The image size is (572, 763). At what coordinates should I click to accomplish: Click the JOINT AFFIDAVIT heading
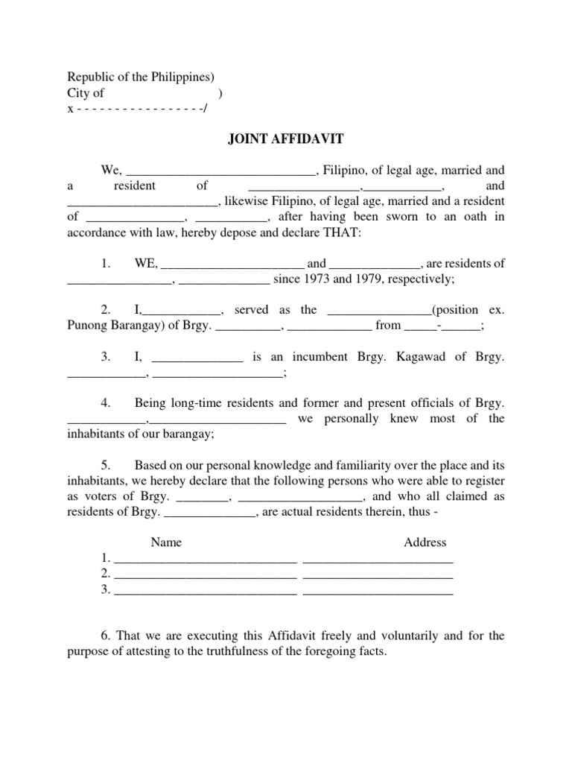coord(285,138)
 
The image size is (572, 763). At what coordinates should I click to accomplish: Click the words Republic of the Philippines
coord(141,77)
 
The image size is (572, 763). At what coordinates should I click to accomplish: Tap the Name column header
coord(166,542)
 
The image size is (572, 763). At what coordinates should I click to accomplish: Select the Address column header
coord(425,542)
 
